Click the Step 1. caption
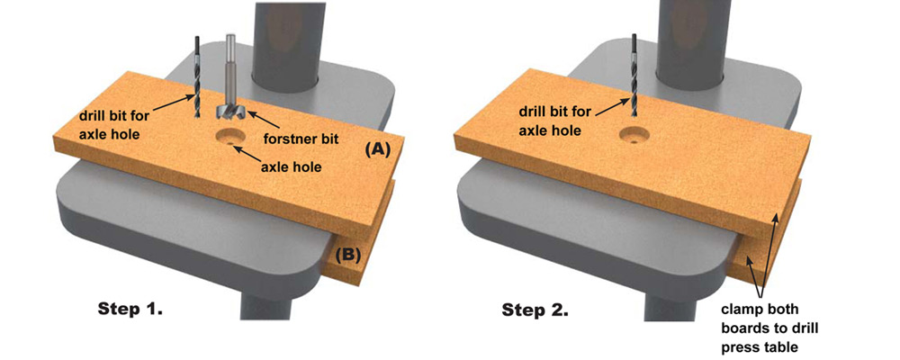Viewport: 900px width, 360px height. click(x=130, y=309)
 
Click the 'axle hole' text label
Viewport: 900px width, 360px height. click(x=292, y=166)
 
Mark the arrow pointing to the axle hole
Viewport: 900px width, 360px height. click(x=244, y=152)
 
